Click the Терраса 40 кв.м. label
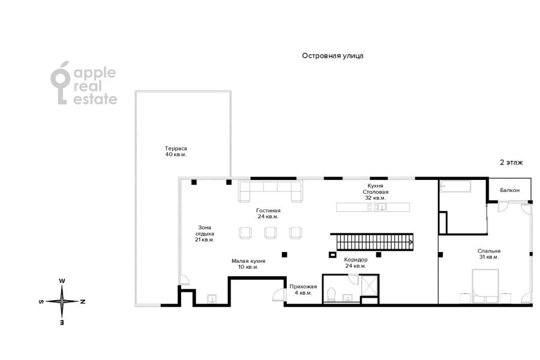[176, 151]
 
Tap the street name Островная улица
[332, 56]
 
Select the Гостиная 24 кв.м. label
[268, 213]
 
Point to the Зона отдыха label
[205, 230]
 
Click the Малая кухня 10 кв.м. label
[248, 264]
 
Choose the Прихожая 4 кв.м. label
[303, 289]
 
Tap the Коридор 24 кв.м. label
[355, 263]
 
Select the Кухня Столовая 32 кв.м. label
[376, 192]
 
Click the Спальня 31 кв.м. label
[489, 254]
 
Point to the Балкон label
[509, 190]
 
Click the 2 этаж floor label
[511, 162]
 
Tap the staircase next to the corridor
[372, 241]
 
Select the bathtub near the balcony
[455, 187]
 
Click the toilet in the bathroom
[331, 295]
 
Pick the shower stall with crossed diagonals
[370, 285]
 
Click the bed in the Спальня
[485, 286]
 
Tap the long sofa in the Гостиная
[271, 192]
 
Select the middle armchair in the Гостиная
[271, 233]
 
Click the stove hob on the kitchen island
[373, 207]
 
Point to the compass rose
[62, 301]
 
